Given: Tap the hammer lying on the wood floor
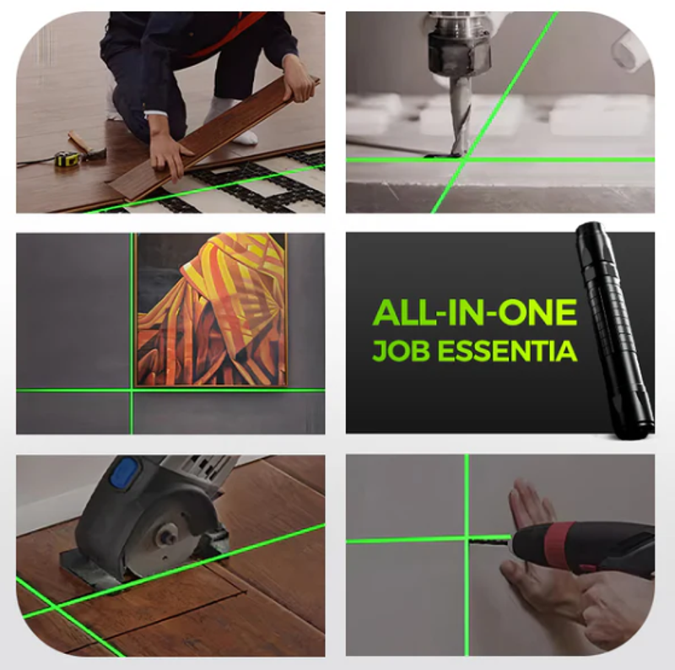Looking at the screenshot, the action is (86, 145).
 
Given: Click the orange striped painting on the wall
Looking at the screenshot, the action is (210, 310).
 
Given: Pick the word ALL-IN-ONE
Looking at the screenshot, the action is (474, 312).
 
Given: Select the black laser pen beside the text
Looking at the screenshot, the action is (614, 330).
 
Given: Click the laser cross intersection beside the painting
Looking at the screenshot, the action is (132, 391).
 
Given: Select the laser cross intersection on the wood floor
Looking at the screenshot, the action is (54, 606).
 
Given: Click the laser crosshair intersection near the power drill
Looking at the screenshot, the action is (467, 538).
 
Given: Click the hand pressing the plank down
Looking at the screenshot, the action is (170, 156).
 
